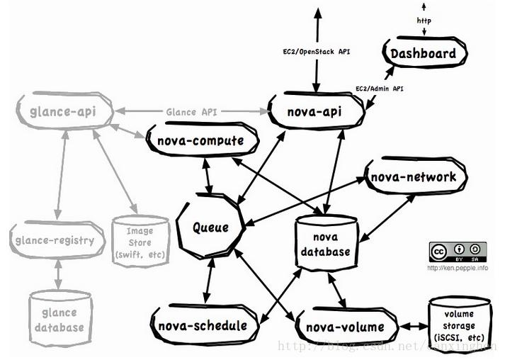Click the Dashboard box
(x=424, y=54)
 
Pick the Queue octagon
(x=211, y=227)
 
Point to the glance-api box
(x=62, y=112)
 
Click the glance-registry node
(x=54, y=240)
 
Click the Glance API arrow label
(x=191, y=112)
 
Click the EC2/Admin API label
(x=379, y=89)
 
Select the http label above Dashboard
(x=424, y=21)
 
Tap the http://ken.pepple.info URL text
(x=457, y=269)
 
